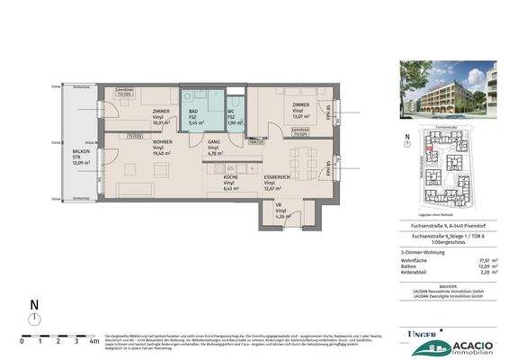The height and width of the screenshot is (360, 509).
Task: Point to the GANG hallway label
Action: [x=213, y=142]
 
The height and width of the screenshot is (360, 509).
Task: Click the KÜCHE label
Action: [x=232, y=177]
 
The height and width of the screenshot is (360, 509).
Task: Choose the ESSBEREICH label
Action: [x=276, y=177]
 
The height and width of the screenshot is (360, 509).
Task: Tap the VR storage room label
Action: [x=279, y=206]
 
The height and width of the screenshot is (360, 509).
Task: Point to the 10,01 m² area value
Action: [x=161, y=123]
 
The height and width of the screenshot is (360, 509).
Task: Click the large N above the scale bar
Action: [x=34, y=307]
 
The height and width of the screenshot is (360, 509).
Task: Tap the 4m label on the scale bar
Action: [x=94, y=342]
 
